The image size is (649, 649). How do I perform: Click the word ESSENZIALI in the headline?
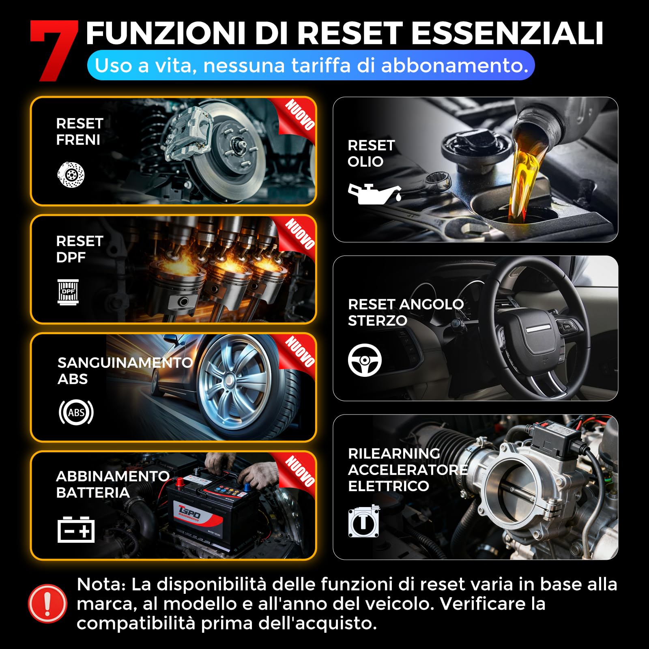coord(507,33)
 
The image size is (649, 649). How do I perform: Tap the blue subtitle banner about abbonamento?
coord(311,65)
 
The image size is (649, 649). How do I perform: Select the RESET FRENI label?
coord(80,131)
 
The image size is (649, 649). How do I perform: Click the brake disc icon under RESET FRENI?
coord(71,175)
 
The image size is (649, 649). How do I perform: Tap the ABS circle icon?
coord(76,413)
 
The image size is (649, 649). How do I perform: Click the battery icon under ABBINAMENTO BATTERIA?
coord(76,529)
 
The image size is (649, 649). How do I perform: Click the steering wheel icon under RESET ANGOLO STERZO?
coord(365,360)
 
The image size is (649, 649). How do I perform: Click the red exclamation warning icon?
coord(47,604)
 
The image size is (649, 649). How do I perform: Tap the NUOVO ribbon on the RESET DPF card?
coord(299,234)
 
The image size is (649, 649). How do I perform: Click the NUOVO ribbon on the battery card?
coord(299,471)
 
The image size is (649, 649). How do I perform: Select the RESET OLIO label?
coord(371,153)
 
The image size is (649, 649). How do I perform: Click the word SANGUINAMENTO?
coord(125,362)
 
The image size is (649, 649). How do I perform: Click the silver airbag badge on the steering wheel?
coord(538,329)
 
